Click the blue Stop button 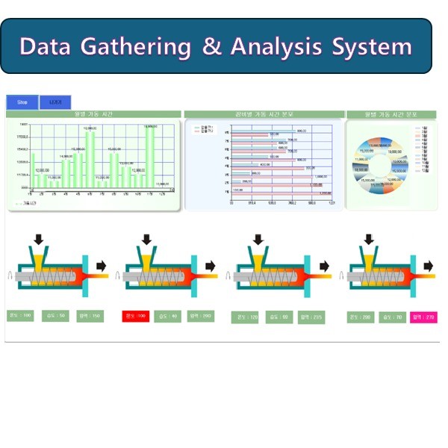(22, 102)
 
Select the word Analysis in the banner (277, 46)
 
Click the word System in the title (372, 46)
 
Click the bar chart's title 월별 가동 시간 (93, 114)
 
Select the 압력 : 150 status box (90, 317)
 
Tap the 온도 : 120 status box (245, 317)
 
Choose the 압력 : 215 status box (311, 317)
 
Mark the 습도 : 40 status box (168, 317)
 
